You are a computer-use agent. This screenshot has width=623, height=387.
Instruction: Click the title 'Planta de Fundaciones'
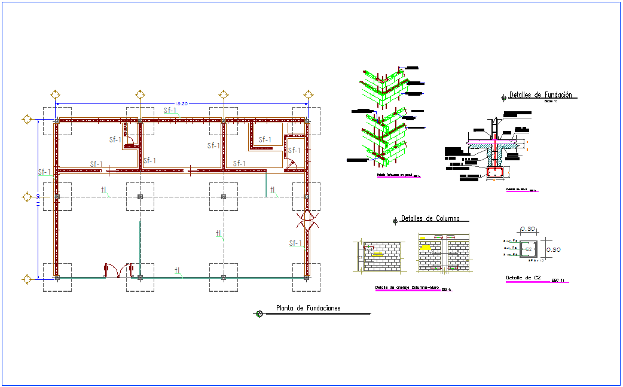[x=308, y=309]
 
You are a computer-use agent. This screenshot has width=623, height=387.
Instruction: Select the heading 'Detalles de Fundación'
[x=540, y=95]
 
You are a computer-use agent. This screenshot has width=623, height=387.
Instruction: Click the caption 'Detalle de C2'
[x=523, y=278]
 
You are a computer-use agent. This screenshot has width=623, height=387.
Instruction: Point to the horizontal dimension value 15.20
[x=182, y=104]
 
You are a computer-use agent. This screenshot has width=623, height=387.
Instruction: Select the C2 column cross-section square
[x=529, y=249]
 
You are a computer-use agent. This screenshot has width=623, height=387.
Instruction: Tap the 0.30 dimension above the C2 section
[x=528, y=229]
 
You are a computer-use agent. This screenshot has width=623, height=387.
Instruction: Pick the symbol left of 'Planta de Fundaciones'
[x=259, y=313]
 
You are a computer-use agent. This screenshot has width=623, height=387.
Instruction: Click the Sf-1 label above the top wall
[x=170, y=111]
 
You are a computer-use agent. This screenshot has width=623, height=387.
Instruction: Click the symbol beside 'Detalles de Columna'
[x=395, y=221]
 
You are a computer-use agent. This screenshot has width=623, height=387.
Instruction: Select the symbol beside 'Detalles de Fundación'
[x=504, y=96]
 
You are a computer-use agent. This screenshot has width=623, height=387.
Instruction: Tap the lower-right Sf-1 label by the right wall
[x=295, y=243]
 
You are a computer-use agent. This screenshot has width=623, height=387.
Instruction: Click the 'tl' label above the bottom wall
[x=178, y=271]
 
